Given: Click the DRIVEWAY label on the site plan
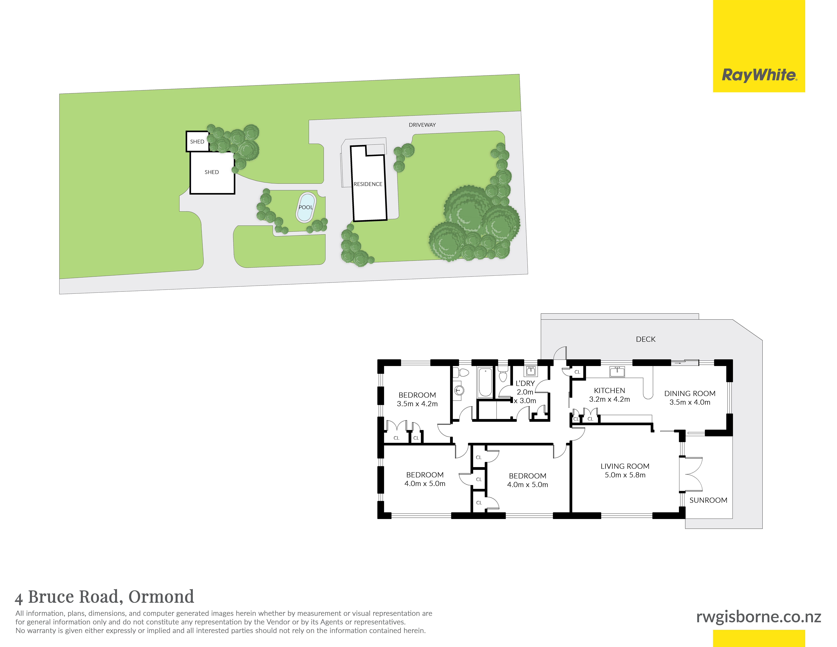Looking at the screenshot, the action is (x=422, y=125).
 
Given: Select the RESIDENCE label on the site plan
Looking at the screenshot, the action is (x=368, y=184).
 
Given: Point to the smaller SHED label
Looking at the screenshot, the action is (x=197, y=141).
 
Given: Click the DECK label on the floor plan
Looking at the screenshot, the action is (x=645, y=339).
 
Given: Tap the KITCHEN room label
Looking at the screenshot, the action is (x=609, y=391).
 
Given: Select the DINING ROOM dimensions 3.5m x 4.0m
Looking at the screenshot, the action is (x=690, y=402).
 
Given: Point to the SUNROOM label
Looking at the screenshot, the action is (x=708, y=500).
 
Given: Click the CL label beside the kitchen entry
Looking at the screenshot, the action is (x=577, y=372).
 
